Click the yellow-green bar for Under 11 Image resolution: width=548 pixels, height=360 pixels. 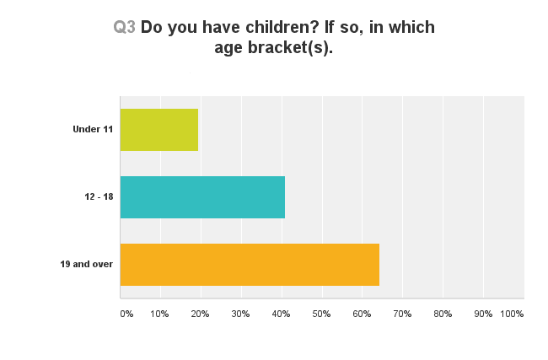[159, 130]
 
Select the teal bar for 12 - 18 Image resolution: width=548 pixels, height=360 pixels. [202, 197]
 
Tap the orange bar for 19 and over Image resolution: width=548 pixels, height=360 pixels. [250, 265]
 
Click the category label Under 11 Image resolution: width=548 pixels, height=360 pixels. [93, 129]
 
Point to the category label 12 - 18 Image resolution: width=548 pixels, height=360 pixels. [99, 196]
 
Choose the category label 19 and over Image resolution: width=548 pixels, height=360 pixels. [87, 264]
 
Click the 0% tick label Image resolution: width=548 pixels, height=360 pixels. [126, 314]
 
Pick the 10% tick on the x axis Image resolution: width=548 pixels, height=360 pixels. [159, 314]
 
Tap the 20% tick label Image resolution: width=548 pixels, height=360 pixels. [200, 314]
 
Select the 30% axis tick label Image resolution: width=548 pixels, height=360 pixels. [240, 314]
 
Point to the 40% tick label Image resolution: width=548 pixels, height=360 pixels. [281, 314]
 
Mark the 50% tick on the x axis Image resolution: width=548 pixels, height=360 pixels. [321, 314]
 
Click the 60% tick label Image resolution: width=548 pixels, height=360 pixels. [362, 314]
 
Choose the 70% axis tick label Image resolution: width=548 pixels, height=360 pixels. [402, 314]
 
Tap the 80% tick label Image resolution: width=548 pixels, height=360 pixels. [443, 314]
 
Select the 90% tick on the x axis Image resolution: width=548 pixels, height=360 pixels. [483, 314]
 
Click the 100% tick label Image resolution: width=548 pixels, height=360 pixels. [512, 314]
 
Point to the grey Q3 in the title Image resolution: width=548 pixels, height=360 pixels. [125, 27]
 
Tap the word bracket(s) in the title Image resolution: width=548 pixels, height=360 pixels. [290, 47]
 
